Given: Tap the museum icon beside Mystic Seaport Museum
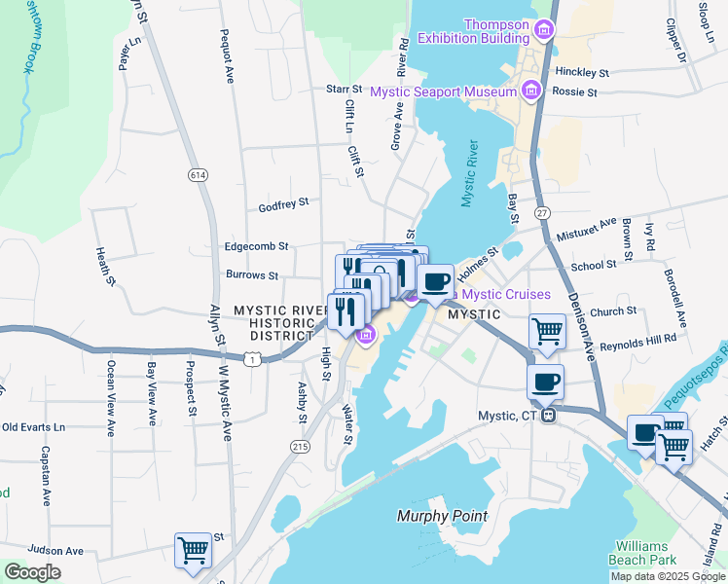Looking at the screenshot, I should (x=530, y=91).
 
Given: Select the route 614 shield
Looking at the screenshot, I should (x=199, y=174).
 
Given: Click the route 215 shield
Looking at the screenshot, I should (x=300, y=445).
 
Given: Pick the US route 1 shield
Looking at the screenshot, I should (x=253, y=359).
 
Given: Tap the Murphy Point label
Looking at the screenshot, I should (x=442, y=516).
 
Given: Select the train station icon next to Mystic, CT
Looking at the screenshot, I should (x=549, y=416).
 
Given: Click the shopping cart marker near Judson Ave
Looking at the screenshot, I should (x=192, y=550).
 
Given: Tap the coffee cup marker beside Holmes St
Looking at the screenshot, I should (x=435, y=281).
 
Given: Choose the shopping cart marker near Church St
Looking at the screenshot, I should (x=547, y=331).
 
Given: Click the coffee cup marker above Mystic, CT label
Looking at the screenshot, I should (x=545, y=381).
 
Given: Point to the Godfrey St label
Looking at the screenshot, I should (x=283, y=204).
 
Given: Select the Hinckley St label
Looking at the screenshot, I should (x=581, y=73).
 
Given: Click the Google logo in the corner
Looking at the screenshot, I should (x=32, y=571).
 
